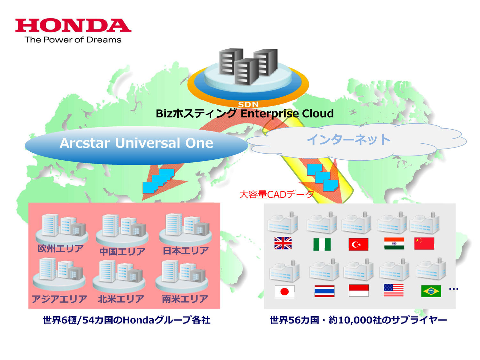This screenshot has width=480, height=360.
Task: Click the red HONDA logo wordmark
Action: [x=73, y=25]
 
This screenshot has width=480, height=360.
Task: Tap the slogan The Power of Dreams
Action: [x=73, y=40]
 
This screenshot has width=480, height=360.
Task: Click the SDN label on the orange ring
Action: [x=248, y=104]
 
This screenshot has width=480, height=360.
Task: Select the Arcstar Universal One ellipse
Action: [x=136, y=145]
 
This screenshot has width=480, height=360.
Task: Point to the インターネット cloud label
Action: [x=348, y=140]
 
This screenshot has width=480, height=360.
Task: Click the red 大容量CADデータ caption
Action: [x=276, y=194]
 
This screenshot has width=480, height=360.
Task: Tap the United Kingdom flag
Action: [x=283, y=243]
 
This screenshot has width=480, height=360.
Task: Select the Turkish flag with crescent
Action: [x=358, y=244]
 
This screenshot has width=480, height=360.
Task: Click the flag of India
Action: [x=394, y=243]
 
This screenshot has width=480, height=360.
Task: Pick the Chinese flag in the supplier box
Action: [x=424, y=243]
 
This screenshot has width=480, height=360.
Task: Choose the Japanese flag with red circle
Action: [x=284, y=292]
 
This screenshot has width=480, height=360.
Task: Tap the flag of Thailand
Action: [x=324, y=291]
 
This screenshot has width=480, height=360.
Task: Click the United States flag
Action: [x=393, y=290]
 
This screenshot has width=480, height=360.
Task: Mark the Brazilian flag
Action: [x=431, y=291]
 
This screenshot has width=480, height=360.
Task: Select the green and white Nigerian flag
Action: [x=322, y=244]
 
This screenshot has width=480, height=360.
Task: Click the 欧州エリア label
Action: [x=60, y=249]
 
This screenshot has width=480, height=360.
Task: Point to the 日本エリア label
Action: [x=186, y=251]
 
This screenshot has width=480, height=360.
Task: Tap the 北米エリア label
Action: [x=121, y=299]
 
